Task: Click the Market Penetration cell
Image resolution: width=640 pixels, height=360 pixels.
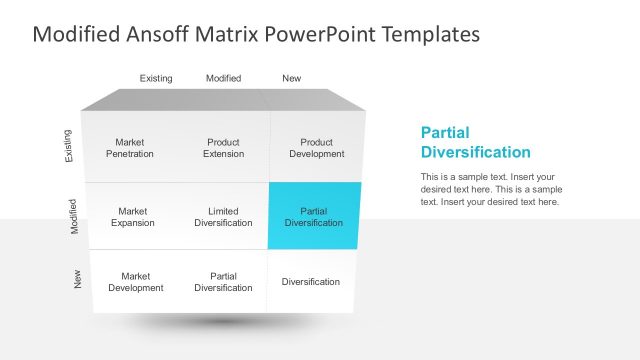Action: pos(130,148)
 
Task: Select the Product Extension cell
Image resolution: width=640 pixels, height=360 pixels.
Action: pos(223,148)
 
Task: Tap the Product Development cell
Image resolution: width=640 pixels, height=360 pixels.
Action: pos(316,148)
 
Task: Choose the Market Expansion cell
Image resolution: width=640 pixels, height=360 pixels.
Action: pos(132,217)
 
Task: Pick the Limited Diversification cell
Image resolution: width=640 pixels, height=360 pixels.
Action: pos(223,217)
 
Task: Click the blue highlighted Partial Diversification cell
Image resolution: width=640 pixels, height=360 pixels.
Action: pos(313,216)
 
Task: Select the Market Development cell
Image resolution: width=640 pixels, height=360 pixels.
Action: pos(135,282)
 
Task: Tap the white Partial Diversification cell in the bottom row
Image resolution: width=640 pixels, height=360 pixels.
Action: pos(223,282)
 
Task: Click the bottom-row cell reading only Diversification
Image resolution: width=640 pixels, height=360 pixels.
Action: pos(310,282)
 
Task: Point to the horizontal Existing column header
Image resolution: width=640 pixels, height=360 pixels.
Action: pos(156,78)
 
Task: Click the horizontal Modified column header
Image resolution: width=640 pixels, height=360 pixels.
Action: pos(223,78)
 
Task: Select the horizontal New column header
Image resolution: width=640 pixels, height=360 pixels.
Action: pos(291,78)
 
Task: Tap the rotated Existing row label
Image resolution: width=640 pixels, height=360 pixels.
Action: pos(68,146)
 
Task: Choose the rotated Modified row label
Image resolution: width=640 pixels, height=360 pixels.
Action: pos(74,216)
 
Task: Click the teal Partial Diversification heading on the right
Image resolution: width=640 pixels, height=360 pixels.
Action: pos(475,142)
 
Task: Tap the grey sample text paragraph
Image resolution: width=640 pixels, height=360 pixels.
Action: pos(490,189)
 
